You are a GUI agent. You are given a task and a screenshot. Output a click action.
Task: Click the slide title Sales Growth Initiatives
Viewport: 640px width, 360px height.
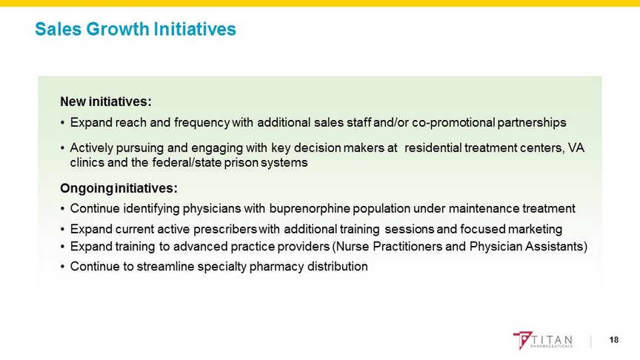pyautogui.click(x=136, y=29)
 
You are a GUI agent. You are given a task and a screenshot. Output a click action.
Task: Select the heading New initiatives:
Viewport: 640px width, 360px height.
pyautogui.click(x=106, y=101)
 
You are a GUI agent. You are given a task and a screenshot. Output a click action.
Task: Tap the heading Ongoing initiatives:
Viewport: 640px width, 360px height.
pyautogui.click(x=119, y=188)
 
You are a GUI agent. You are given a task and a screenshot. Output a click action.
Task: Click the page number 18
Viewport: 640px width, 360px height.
pyautogui.click(x=614, y=339)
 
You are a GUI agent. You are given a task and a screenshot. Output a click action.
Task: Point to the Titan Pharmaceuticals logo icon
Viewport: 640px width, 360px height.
pyautogui.click(x=522, y=340)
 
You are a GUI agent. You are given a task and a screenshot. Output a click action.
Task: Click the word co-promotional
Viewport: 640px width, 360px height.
pyautogui.click(x=453, y=122)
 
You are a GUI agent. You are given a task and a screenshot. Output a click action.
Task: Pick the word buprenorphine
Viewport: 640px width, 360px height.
pyautogui.click(x=310, y=209)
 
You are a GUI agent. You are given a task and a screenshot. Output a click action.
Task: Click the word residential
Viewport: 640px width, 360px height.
pyautogui.click(x=433, y=147)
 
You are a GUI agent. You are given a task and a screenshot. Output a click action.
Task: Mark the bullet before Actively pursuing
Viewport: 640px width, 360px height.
pyautogui.click(x=62, y=148)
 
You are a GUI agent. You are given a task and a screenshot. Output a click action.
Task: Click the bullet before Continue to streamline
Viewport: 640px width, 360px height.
pyautogui.click(x=62, y=267)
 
